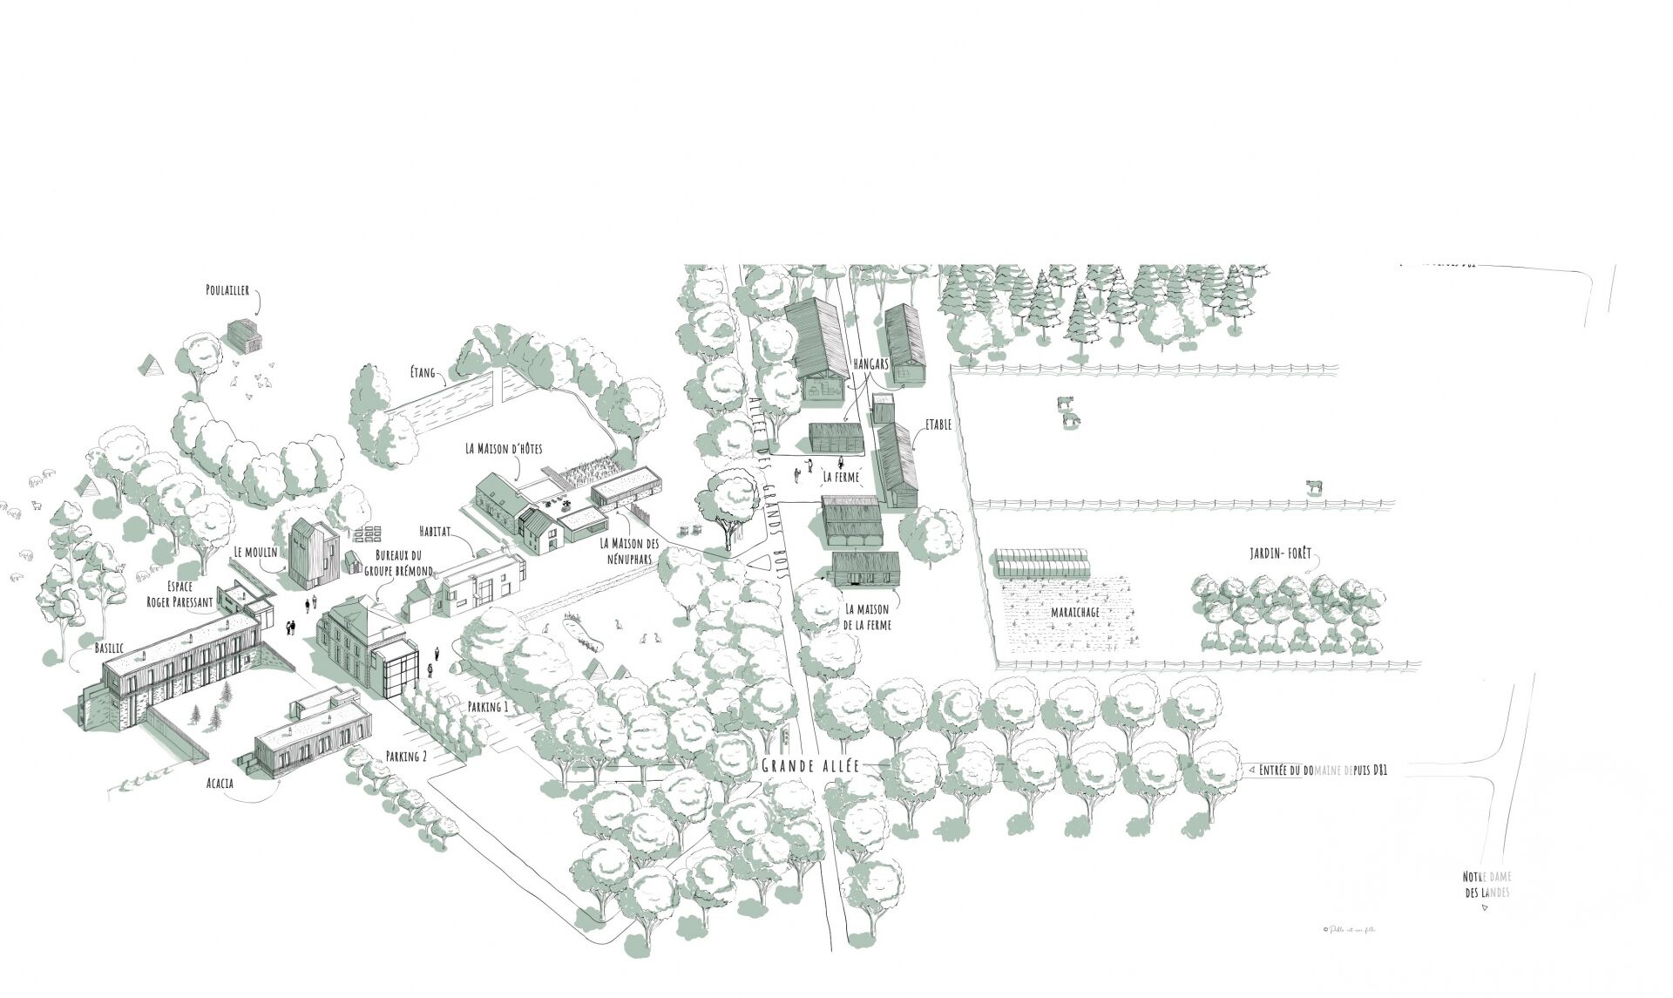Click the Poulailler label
228,290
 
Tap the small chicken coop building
245,336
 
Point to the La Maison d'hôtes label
504,449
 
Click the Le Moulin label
254,552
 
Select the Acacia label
220,783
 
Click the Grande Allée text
810,766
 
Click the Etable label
938,424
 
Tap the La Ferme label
841,477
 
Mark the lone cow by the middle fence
1314,487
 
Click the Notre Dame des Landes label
1487,885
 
